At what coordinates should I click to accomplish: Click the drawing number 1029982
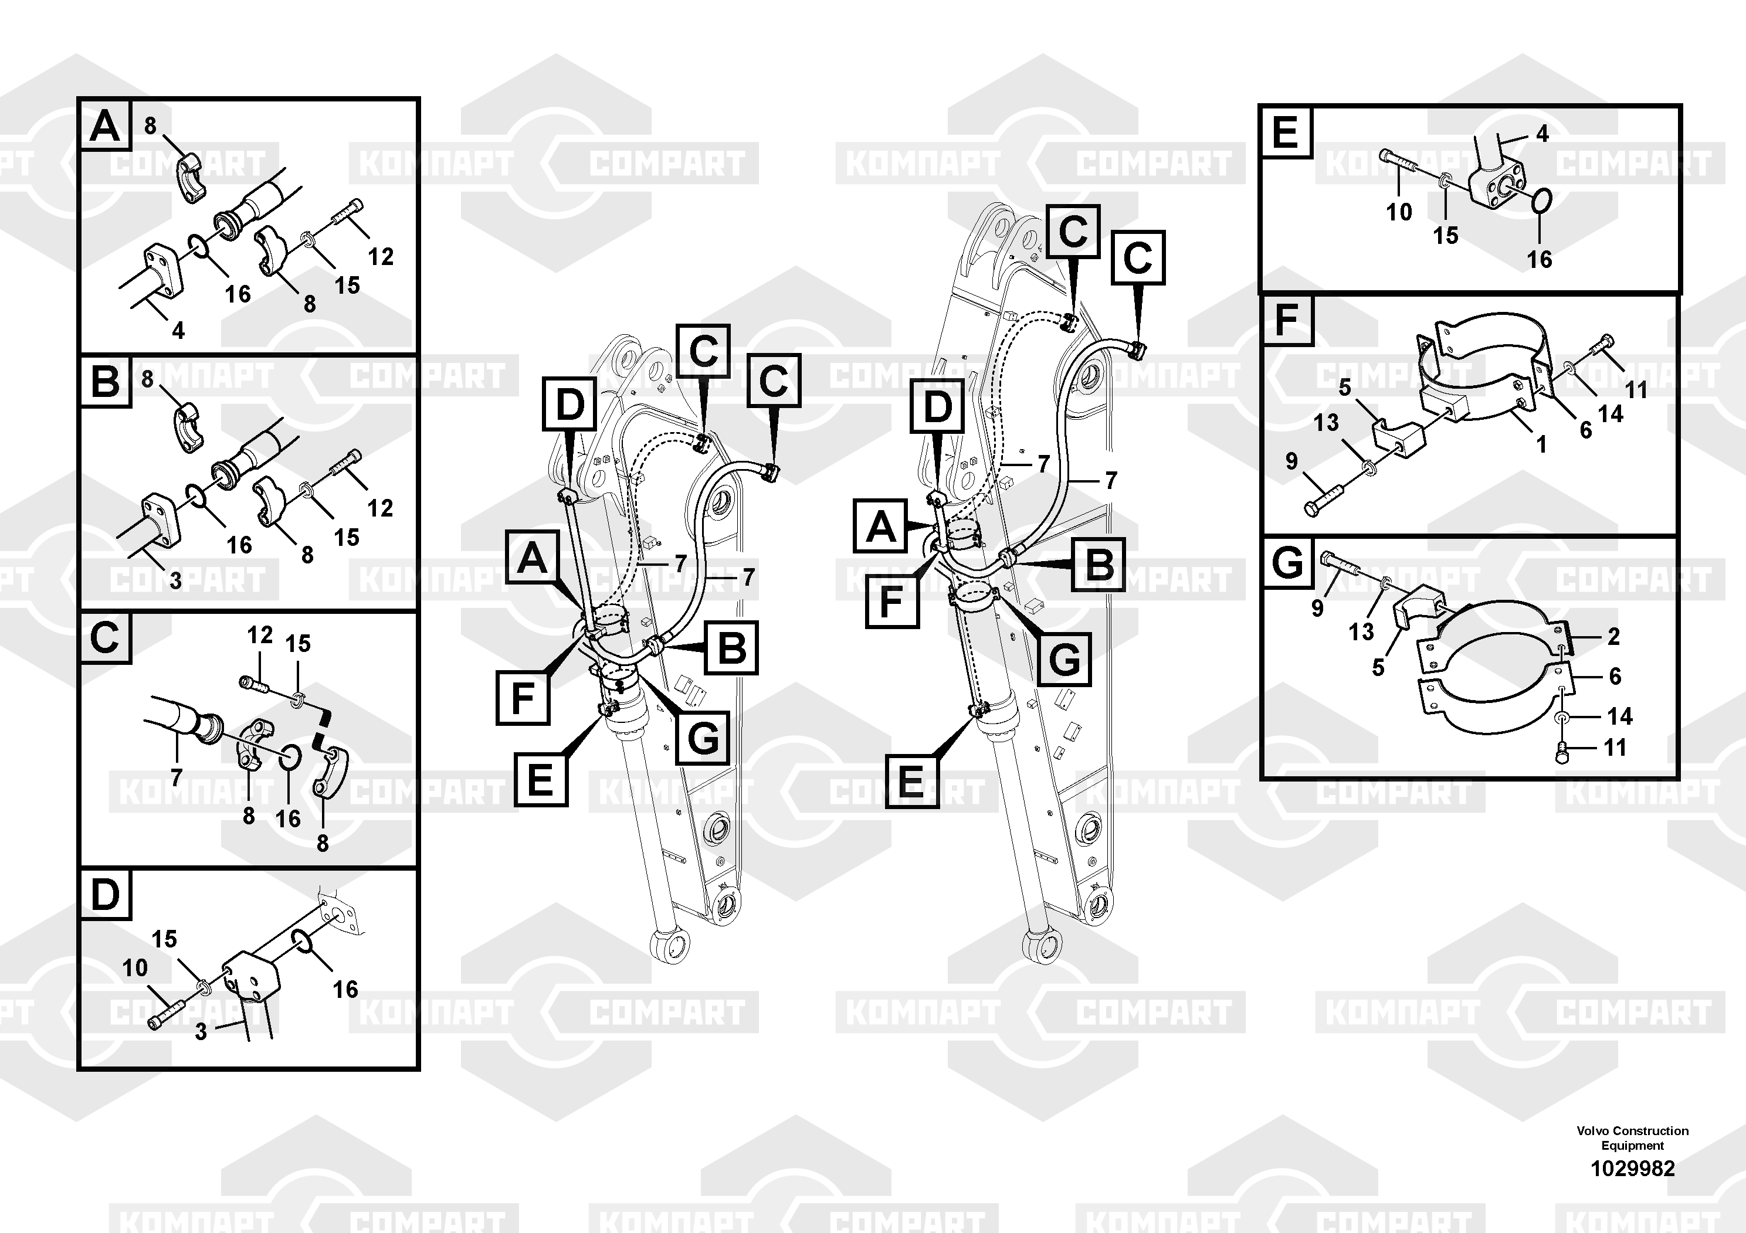[x=1633, y=1169]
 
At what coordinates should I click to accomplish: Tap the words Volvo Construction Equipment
[x=1633, y=1138]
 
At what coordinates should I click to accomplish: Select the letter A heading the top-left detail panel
[x=105, y=125]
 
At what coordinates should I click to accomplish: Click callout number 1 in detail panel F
[x=1541, y=444]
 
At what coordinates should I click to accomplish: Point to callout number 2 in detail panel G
[x=1613, y=636]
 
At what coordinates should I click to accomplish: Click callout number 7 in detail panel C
[x=177, y=777]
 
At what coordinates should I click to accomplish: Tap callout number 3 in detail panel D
[x=201, y=1031]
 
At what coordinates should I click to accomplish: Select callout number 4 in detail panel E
[x=1542, y=134]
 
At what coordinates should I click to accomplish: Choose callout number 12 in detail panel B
[x=380, y=508]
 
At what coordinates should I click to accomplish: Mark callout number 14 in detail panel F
[x=1611, y=415]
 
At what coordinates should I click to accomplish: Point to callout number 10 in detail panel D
[x=134, y=968]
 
